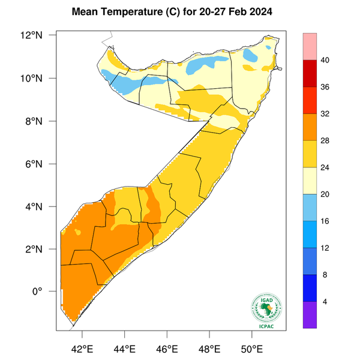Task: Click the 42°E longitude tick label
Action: [x=82, y=349]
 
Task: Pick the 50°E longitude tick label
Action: [x=251, y=349]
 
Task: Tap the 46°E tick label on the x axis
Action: [x=166, y=349]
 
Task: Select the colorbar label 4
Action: [x=325, y=302]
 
